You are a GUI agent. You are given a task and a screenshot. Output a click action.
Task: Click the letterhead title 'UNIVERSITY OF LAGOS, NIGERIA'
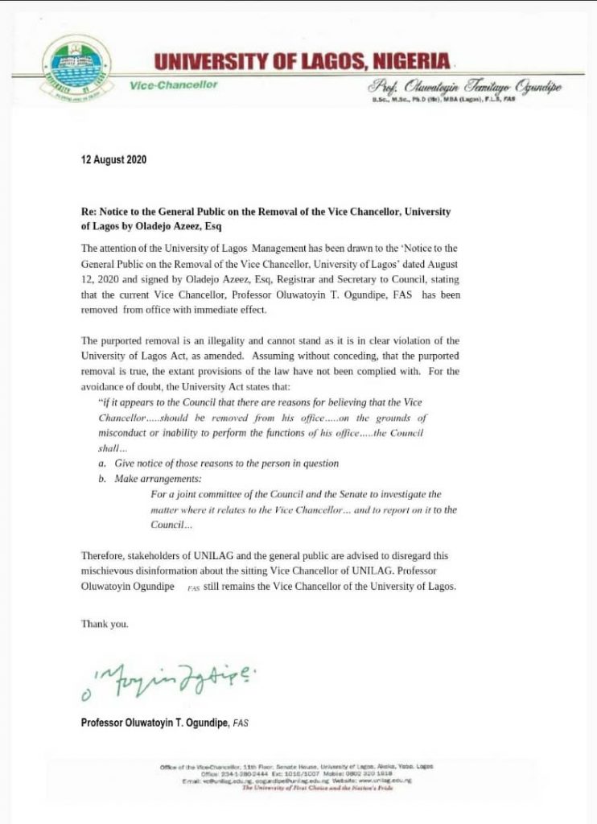303,60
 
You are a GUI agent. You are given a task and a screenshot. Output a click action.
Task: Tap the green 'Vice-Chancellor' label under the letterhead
173,85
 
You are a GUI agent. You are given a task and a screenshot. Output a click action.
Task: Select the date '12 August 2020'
114,160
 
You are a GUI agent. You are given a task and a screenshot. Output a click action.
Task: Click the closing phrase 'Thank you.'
105,624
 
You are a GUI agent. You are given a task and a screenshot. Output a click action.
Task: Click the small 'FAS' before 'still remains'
192,588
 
